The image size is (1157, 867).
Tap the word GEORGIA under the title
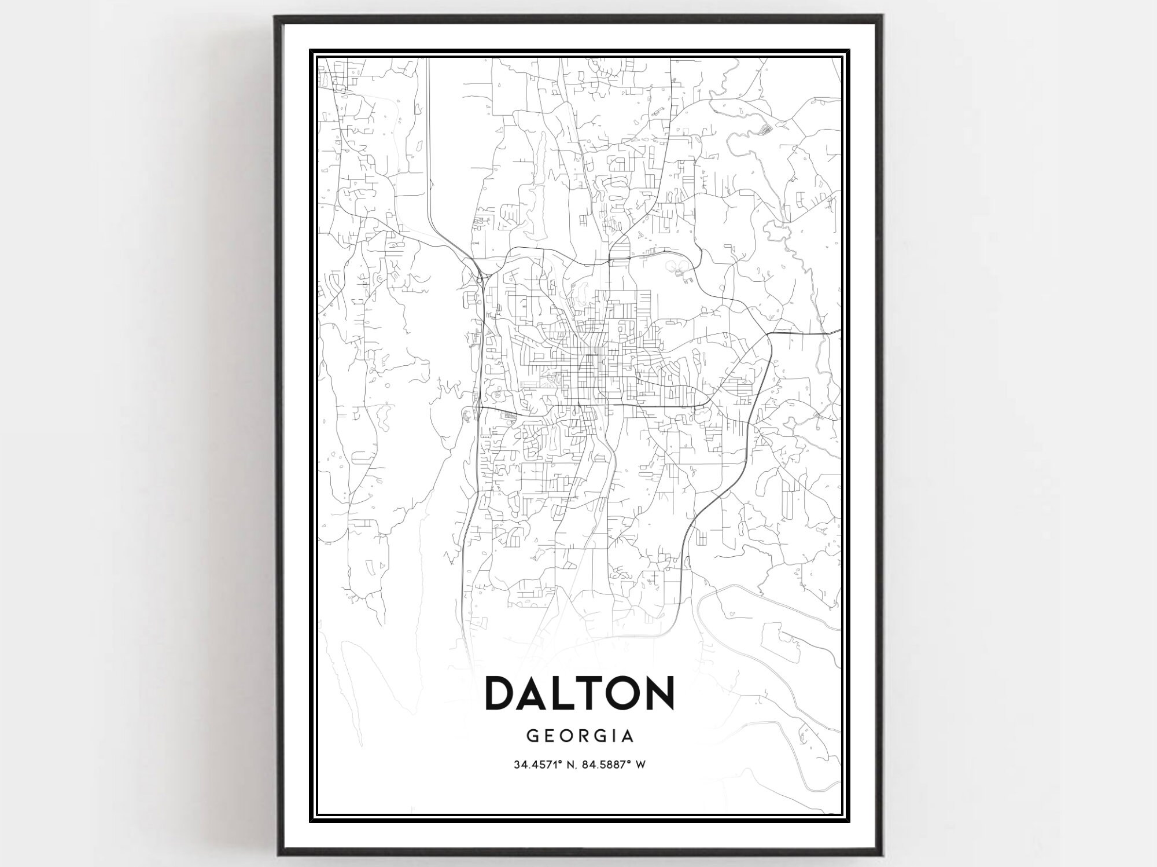580,736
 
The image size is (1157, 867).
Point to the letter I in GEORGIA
613,736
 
